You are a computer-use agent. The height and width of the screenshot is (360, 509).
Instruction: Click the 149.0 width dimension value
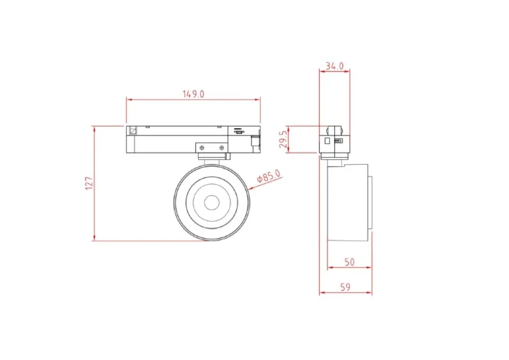click(x=193, y=94)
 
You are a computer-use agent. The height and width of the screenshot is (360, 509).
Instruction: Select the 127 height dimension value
click(x=89, y=184)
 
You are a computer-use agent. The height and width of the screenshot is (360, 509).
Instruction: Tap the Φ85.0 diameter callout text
click(x=269, y=176)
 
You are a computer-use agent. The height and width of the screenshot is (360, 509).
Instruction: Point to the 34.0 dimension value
click(x=334, y=66)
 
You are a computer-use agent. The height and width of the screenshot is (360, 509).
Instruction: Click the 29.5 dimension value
click(x=284, y=139)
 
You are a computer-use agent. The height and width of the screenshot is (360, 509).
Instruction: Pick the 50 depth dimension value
click(x=349, y=262)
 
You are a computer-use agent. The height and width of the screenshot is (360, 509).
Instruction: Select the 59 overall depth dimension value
click(x=346, y=287)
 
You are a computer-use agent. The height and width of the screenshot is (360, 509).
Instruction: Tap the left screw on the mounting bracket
click(x=202, y=148)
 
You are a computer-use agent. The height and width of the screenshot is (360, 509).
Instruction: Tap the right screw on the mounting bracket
click(x=222, y=148)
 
